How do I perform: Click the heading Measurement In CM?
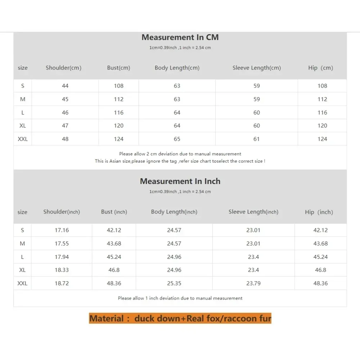pos(180,37)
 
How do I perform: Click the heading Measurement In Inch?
pos(180,181)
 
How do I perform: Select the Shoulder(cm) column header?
pos(63,68)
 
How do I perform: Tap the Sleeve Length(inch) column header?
pos(253,212)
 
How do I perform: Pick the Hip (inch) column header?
pos(319,212)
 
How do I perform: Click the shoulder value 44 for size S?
pos(65,86)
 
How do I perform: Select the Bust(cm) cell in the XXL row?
pos(118,139)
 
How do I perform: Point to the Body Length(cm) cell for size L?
pos(177,113)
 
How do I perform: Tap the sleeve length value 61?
pos(256,139)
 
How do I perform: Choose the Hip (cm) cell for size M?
pos(322,99)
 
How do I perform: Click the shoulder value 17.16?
pos(62,230)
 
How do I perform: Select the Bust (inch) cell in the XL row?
pos(114,270)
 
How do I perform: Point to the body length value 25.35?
pos(174,283)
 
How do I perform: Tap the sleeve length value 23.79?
pos(253,283)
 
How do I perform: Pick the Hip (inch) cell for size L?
pos(320,257)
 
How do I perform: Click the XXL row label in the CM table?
pos(23,139)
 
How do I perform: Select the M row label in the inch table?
pos(22,244)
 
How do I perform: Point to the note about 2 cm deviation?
pos(180,154)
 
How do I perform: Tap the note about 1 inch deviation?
pos(180,298)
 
